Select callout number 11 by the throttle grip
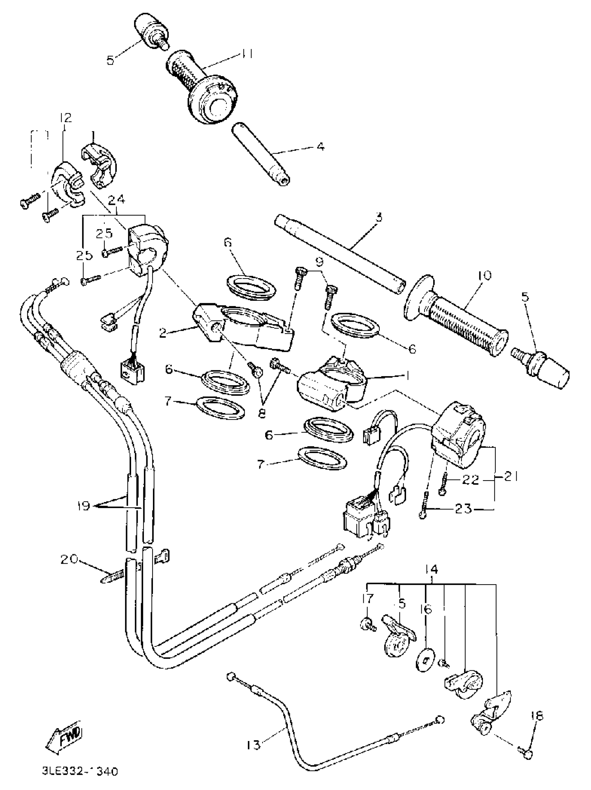[x=246, y=54]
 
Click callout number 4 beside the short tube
[x=320, y=146]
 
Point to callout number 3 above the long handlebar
[x=379, y=217]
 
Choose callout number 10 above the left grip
[x=484, y=275]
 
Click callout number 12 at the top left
[x=66, y=118]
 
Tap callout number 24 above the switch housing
[x=117, y=200]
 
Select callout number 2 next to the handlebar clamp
[x=163, y=334]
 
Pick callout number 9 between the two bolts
[x=319, y=263]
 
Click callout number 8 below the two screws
[x=262, y=413]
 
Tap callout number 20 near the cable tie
[x=69, y=559]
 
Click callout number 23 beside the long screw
[x=464, y=508]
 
